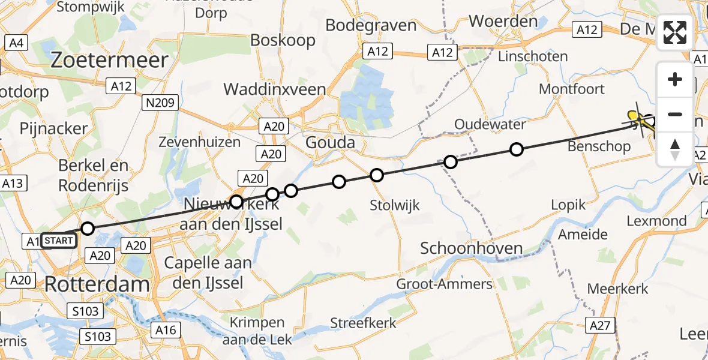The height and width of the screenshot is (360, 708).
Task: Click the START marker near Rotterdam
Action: (x=59, y=241)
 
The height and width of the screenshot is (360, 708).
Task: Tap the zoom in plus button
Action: (x=675, y=79)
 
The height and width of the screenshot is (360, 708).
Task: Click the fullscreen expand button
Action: (x=675, y=32)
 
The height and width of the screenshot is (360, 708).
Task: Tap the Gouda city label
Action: (x=330, y=143)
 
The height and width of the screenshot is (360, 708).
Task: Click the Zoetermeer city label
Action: (x=109, y=60)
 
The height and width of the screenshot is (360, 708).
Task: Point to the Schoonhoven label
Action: (x=471, y=248)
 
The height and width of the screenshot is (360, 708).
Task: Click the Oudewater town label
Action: (x=490, y=125)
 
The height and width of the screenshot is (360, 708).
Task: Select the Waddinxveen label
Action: (x=275, y=89)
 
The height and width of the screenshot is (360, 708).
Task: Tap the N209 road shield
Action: (x=159, y=103)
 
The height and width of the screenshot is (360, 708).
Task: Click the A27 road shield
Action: (x=600, y=325)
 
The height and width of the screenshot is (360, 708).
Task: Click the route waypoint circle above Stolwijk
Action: (x=376, y=175)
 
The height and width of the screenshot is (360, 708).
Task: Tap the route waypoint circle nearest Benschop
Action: (x=516, y=149)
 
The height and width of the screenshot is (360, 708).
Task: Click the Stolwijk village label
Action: (x=395, y=205)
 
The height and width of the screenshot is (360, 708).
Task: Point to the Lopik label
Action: (x=568, y=205)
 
